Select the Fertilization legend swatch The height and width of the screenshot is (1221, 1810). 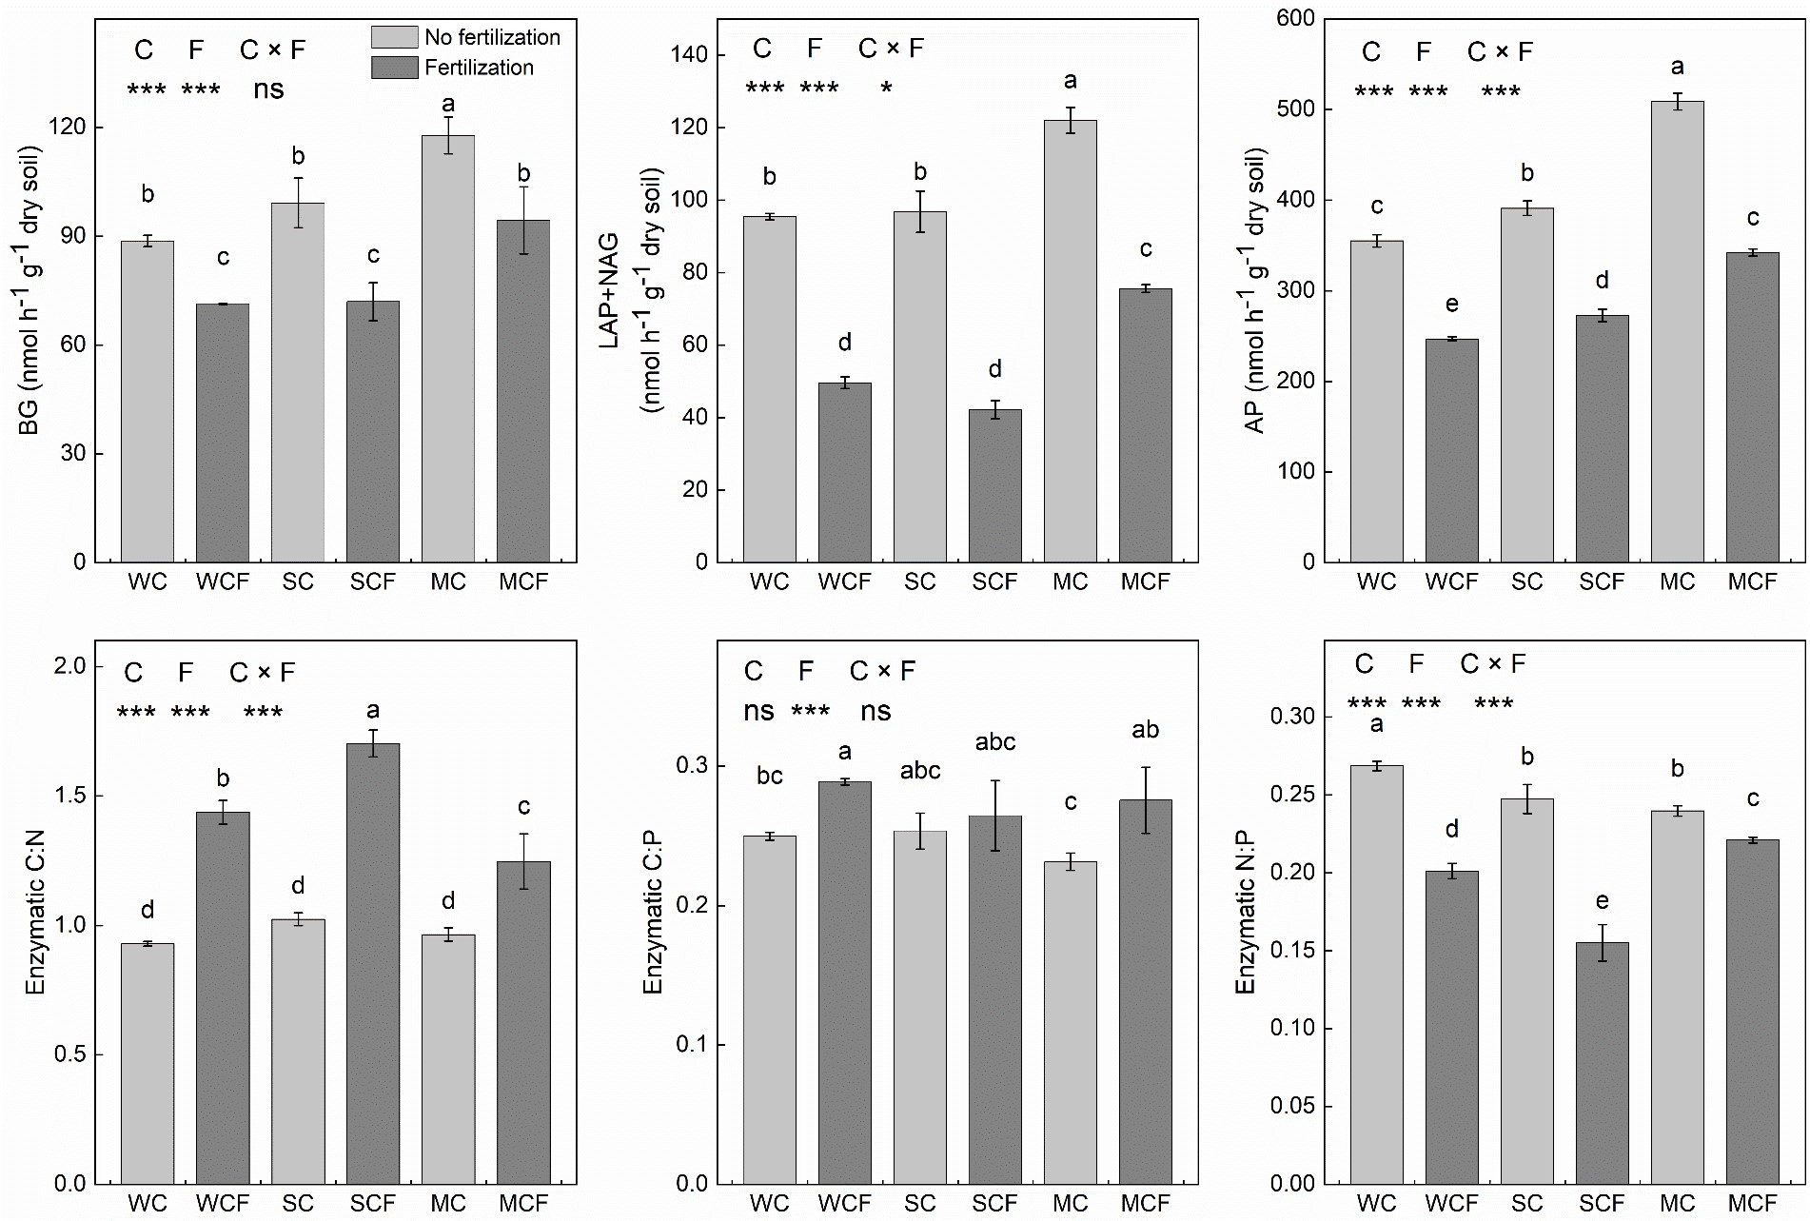pos(394,68)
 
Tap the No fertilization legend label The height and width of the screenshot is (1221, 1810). pos(492,37)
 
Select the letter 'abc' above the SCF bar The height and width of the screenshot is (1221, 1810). pos(995,742)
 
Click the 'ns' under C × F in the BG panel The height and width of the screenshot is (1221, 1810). pos(268,90)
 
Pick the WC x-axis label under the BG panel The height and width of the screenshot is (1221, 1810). pos(148,581)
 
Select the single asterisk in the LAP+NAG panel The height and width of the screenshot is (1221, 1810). pos(886,89)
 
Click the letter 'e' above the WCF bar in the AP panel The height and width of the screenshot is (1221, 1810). pos(1451,305)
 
